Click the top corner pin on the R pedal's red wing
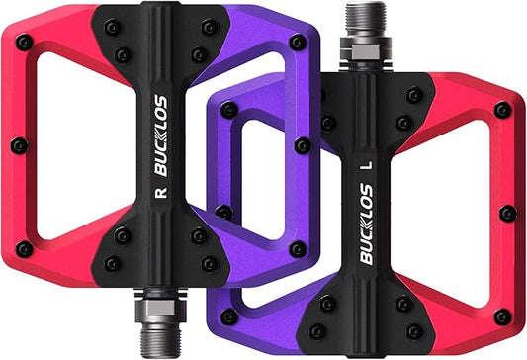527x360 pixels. pos(24,43)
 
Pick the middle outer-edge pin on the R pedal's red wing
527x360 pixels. pos(17,145)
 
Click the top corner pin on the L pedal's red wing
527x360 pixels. pos(502,110)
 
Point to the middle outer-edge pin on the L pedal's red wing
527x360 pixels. pos(507,213)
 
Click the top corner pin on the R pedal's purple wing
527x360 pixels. pos(298,43)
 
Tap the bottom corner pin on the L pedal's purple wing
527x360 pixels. pos(229,316)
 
